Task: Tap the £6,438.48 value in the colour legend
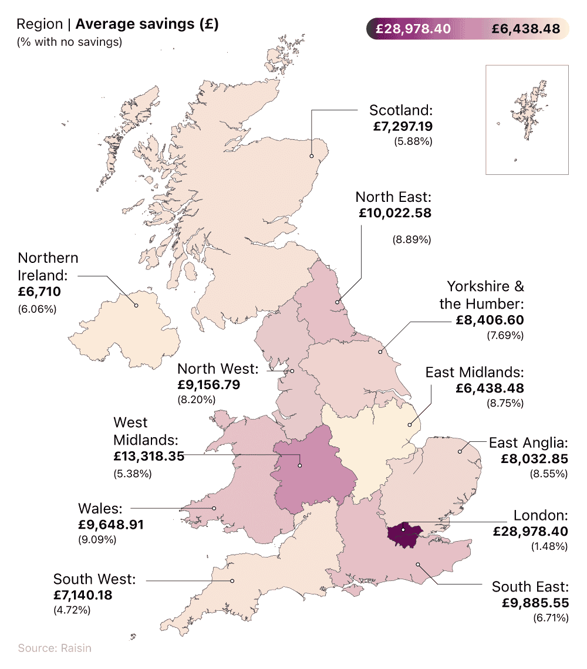(x=526, y=29)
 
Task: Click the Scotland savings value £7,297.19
(x=402, y=126)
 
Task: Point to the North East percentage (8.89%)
(x=411, y=239)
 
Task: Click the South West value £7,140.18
(x=83, y=595)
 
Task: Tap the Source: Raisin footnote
(x=55, y=648)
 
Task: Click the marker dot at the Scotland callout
(x=312, y=156)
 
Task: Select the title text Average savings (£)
(x=147, y=25)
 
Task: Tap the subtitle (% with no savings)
(x=69, y=42)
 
